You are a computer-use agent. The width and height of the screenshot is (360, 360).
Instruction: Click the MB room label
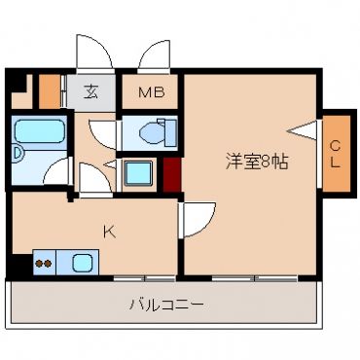click(x=152, y=92)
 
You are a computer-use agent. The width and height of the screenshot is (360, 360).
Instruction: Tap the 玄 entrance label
click(x=91, y=92)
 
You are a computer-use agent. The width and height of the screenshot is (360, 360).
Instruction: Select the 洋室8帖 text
click(x=257, y=162)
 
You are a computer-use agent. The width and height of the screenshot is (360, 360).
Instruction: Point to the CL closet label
click(x=336, y=155)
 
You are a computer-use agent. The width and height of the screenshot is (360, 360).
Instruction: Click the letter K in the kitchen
click(x=110, y=232)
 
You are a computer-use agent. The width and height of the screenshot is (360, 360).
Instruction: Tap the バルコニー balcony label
click(x=166, y=305)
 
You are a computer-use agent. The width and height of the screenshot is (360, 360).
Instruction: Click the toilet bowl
click(x=151, y=133)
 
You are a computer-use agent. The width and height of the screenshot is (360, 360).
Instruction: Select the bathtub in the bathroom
click(x=39, y=131)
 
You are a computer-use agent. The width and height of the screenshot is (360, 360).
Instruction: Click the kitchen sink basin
click(x=82, y=263)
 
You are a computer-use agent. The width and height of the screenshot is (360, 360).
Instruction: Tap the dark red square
click(x=171, y=175)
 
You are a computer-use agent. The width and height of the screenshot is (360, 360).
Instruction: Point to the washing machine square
click(x=138, y=173)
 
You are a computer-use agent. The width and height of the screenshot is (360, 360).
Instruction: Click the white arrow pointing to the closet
click(x=303, y=130)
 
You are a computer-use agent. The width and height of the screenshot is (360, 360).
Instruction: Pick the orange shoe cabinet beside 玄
click(x=50, y=91)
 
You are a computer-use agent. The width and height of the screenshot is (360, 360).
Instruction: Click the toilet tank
click(x=170, y=132)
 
